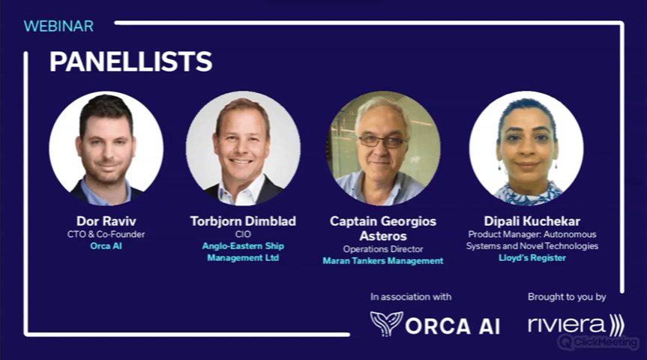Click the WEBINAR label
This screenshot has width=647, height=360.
(58, 26)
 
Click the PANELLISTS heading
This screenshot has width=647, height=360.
(130, 61)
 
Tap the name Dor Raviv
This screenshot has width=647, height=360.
(106, 221)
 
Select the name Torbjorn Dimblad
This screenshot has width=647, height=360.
(243, 221)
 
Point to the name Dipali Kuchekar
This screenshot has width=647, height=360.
(532, 221)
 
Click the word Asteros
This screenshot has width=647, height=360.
(383, 236)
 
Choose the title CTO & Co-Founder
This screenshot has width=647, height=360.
(106, 234)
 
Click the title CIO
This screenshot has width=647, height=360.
(243, 234)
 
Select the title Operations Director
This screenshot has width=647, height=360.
(383, 249)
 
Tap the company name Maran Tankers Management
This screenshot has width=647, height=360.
(383, 261)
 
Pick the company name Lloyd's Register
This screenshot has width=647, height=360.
(532, 257)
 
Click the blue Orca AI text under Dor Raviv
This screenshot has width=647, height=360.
(106, 246)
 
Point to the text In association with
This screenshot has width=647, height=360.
(411, 297)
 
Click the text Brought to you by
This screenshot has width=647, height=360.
(567, 297)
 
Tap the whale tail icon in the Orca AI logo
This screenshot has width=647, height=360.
(386, 323)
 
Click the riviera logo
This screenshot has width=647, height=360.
(576, 325)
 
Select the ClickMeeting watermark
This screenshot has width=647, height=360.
(598, 342)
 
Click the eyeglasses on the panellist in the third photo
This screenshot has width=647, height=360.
(382, 142)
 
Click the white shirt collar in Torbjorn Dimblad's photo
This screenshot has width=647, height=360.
(242, 190)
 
